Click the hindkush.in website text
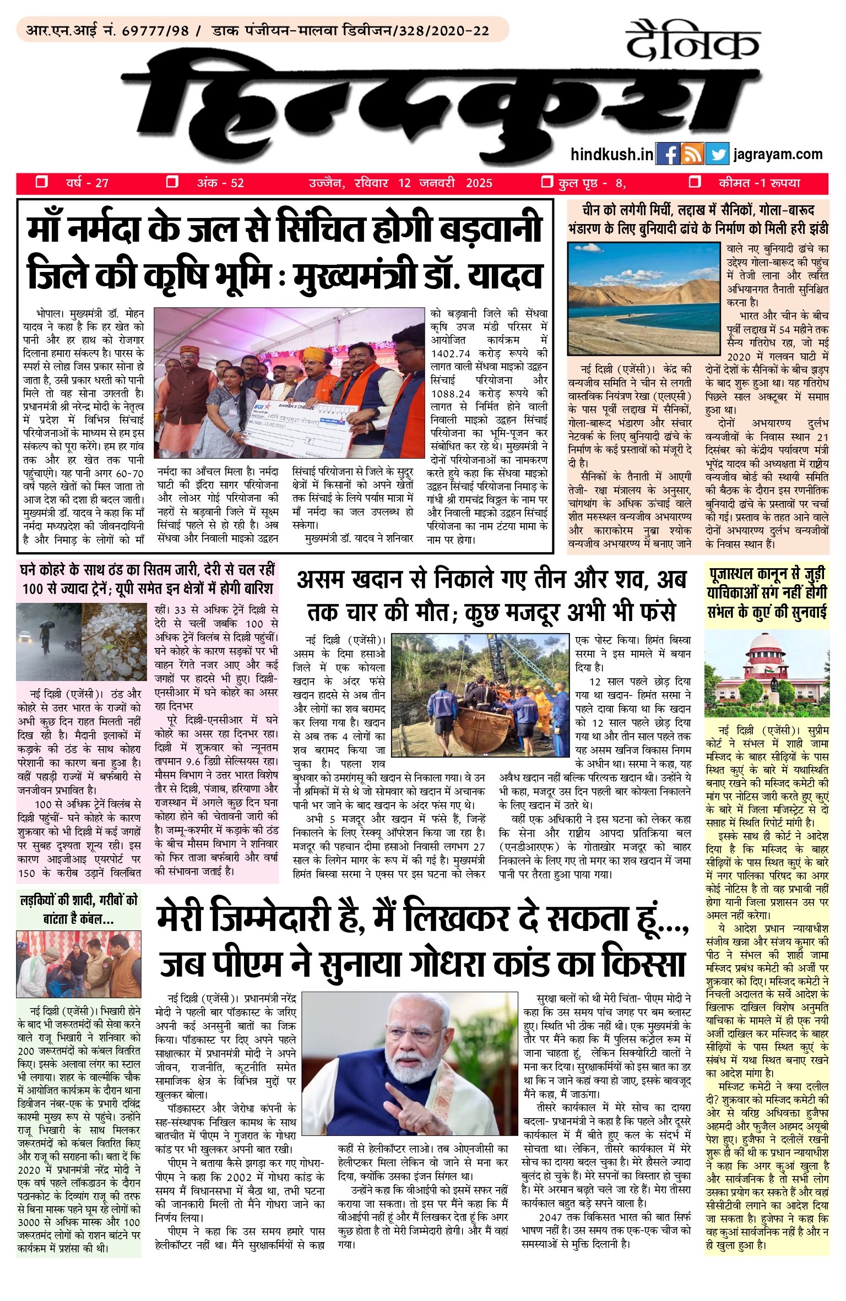point(611,154)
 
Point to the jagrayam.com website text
point(778,154)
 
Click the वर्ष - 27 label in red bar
point(86,183)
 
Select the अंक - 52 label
point(220,183)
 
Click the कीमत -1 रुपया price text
point(759,183)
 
